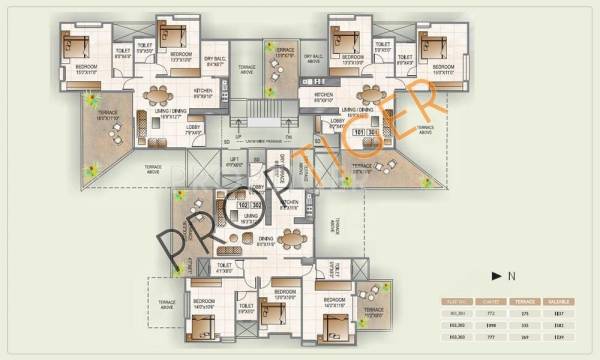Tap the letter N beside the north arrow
[x=510, y=272]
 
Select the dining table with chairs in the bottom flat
[x=291, y=238]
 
